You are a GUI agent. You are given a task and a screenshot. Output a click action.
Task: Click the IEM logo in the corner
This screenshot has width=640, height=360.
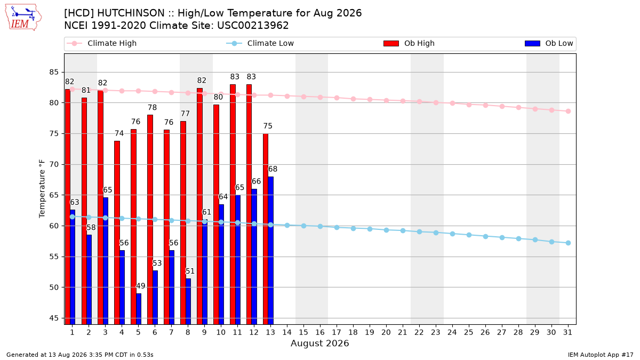click(23, 18)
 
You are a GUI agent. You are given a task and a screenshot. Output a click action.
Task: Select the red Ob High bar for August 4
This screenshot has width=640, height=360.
click(117, 233)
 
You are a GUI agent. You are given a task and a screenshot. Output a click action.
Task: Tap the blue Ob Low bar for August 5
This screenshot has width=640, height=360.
click(139, 309)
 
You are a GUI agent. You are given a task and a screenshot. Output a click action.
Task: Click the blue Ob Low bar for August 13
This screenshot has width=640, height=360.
click(270, 251)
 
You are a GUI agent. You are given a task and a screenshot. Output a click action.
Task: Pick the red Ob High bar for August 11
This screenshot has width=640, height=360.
click(233, 204)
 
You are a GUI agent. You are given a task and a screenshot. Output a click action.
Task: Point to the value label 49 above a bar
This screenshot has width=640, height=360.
click(141, 286)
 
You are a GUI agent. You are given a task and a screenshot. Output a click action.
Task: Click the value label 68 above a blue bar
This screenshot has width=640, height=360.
click(273, 169)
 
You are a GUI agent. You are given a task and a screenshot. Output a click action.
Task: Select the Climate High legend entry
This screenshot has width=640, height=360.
click(102, 43)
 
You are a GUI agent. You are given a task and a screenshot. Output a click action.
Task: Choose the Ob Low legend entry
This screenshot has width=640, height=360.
click(549, 43)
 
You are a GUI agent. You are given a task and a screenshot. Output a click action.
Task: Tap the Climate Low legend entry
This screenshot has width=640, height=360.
click(260, 43)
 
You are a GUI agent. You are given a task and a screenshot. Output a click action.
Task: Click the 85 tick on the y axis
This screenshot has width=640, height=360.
click(54, 72)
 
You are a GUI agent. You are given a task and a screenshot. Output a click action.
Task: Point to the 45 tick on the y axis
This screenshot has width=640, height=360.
click(54, 318)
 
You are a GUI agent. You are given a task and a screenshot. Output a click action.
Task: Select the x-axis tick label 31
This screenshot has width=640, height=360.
click(567, 332)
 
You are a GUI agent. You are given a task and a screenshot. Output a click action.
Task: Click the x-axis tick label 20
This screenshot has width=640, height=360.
click(386, 332)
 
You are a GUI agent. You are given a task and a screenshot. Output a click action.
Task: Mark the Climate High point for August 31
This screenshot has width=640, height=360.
click(569, 111)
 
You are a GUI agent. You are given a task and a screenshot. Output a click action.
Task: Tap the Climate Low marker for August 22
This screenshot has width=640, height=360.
click(419, 231)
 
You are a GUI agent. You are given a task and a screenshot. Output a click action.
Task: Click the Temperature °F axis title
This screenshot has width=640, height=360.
click(42, 189)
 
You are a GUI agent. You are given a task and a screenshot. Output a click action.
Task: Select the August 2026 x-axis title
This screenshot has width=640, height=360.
click(319, 343)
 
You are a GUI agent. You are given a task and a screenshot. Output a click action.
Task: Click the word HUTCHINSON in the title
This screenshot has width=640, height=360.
click(131, 13)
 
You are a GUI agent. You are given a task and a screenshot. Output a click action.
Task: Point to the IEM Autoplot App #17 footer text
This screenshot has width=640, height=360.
click(601, 355)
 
